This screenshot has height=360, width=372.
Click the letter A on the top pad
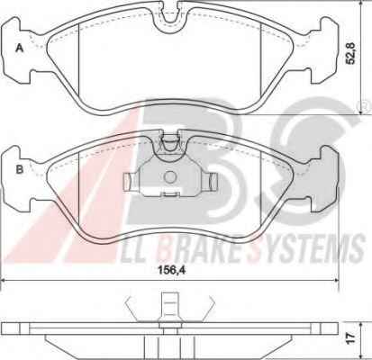20,48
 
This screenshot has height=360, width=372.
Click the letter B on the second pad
20,169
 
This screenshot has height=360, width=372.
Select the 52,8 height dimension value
350,53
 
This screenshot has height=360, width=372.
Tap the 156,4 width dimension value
172,270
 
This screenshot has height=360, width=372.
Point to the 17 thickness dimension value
350,337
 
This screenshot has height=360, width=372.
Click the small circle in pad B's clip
170,177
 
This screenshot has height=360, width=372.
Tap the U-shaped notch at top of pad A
169,19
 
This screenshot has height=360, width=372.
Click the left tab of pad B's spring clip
128,182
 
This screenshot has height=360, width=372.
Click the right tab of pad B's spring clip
213,182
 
